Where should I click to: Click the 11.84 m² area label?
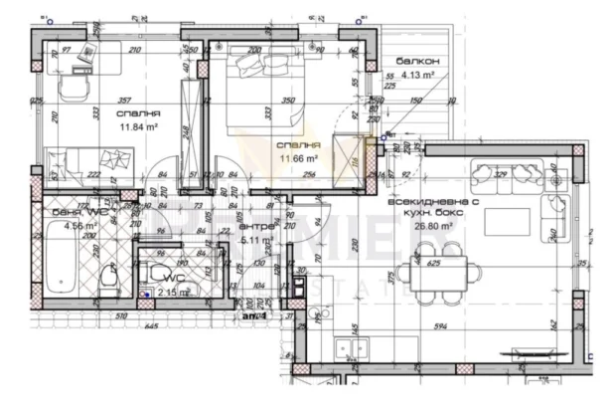(x=133, y=127)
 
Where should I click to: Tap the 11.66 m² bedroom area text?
(x=297, y=158)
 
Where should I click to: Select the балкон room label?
(x=415, y=61)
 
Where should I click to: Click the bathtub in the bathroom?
(x=62, y=261)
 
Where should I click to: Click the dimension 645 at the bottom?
(x=151, y=325)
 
